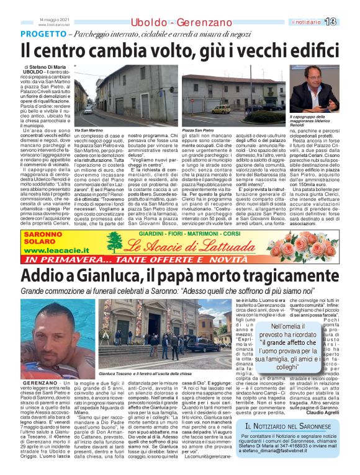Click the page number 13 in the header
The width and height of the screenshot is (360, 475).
(347, 22)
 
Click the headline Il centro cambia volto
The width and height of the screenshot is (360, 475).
(180, 50)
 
